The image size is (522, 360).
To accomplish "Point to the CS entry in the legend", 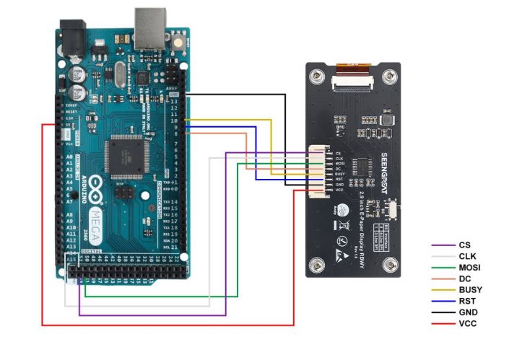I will pos(464,245).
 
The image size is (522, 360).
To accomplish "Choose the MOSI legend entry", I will pos(469,268).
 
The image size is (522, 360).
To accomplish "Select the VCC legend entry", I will pos(467,323).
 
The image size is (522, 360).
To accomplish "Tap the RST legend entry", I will pos(466,301).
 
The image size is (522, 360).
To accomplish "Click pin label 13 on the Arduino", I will pos(173,101).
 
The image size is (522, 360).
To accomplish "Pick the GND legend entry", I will pos(467,312).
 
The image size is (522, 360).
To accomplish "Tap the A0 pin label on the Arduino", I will pos(69,157).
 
